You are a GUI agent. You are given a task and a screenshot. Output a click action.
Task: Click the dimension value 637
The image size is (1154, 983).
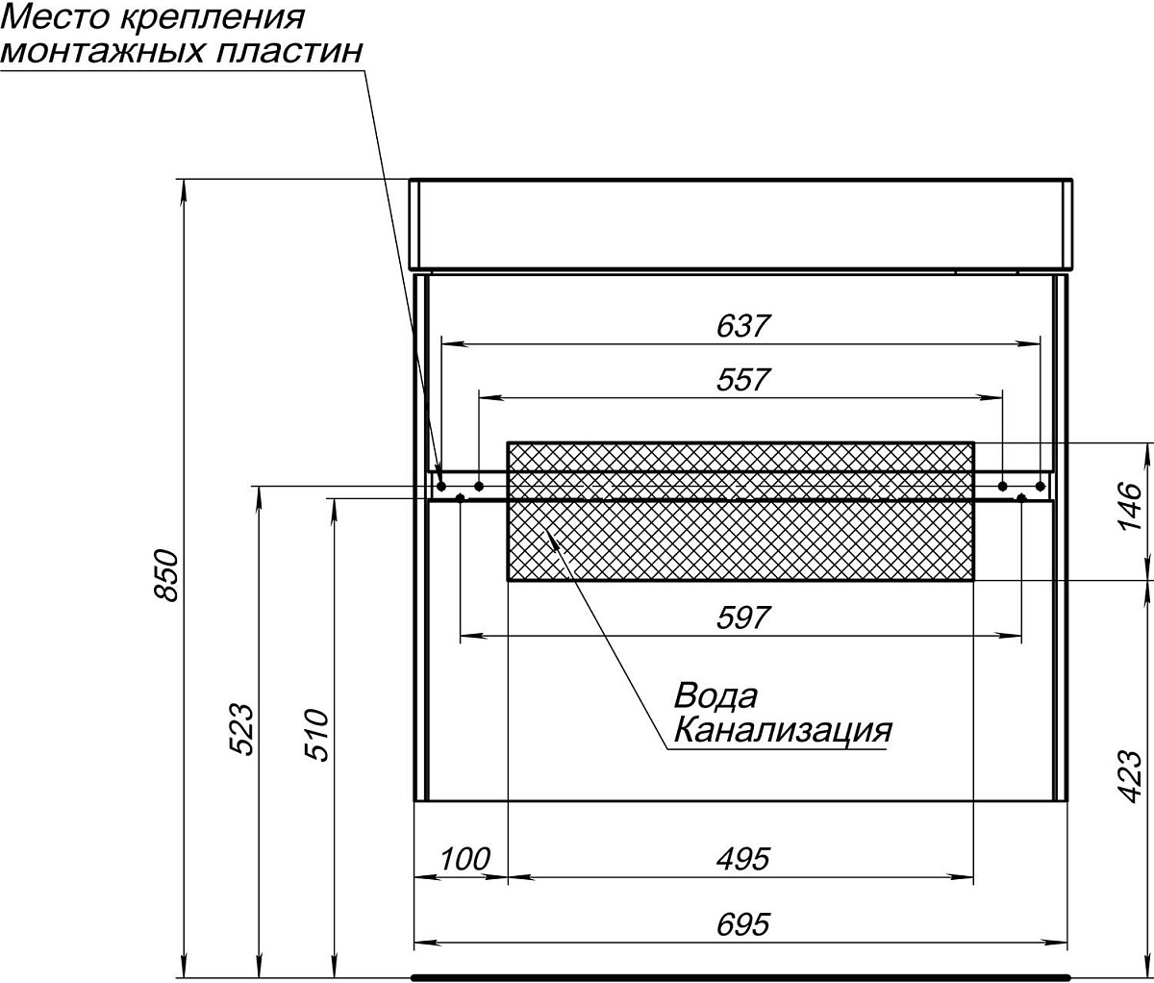coord(743,326)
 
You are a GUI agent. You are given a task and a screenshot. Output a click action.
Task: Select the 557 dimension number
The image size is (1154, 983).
coord(743,380)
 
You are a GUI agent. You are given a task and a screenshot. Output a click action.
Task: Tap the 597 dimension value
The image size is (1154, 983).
coord(743,618)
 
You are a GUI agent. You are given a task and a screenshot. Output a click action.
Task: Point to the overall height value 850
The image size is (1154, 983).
coord(165,575)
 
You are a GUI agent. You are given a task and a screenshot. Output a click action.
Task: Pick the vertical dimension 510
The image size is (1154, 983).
coord(316,735)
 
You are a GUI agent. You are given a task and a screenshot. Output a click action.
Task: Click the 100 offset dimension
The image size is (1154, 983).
coord(465,859)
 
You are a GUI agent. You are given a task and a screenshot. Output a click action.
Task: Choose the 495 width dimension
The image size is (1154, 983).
coord(743,859)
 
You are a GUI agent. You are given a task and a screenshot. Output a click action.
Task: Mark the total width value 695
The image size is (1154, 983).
coord(743,924)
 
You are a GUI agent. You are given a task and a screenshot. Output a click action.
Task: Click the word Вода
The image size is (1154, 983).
coord(715,695)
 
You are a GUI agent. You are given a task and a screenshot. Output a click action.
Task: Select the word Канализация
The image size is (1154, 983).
coord(782,731)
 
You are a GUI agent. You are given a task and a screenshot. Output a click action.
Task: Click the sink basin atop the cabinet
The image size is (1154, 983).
coord(740,224)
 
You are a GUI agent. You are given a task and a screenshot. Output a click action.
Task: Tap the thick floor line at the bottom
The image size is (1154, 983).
coord(740,975)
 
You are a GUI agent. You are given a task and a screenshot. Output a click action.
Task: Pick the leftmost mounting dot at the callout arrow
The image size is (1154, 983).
coord(440,485)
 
